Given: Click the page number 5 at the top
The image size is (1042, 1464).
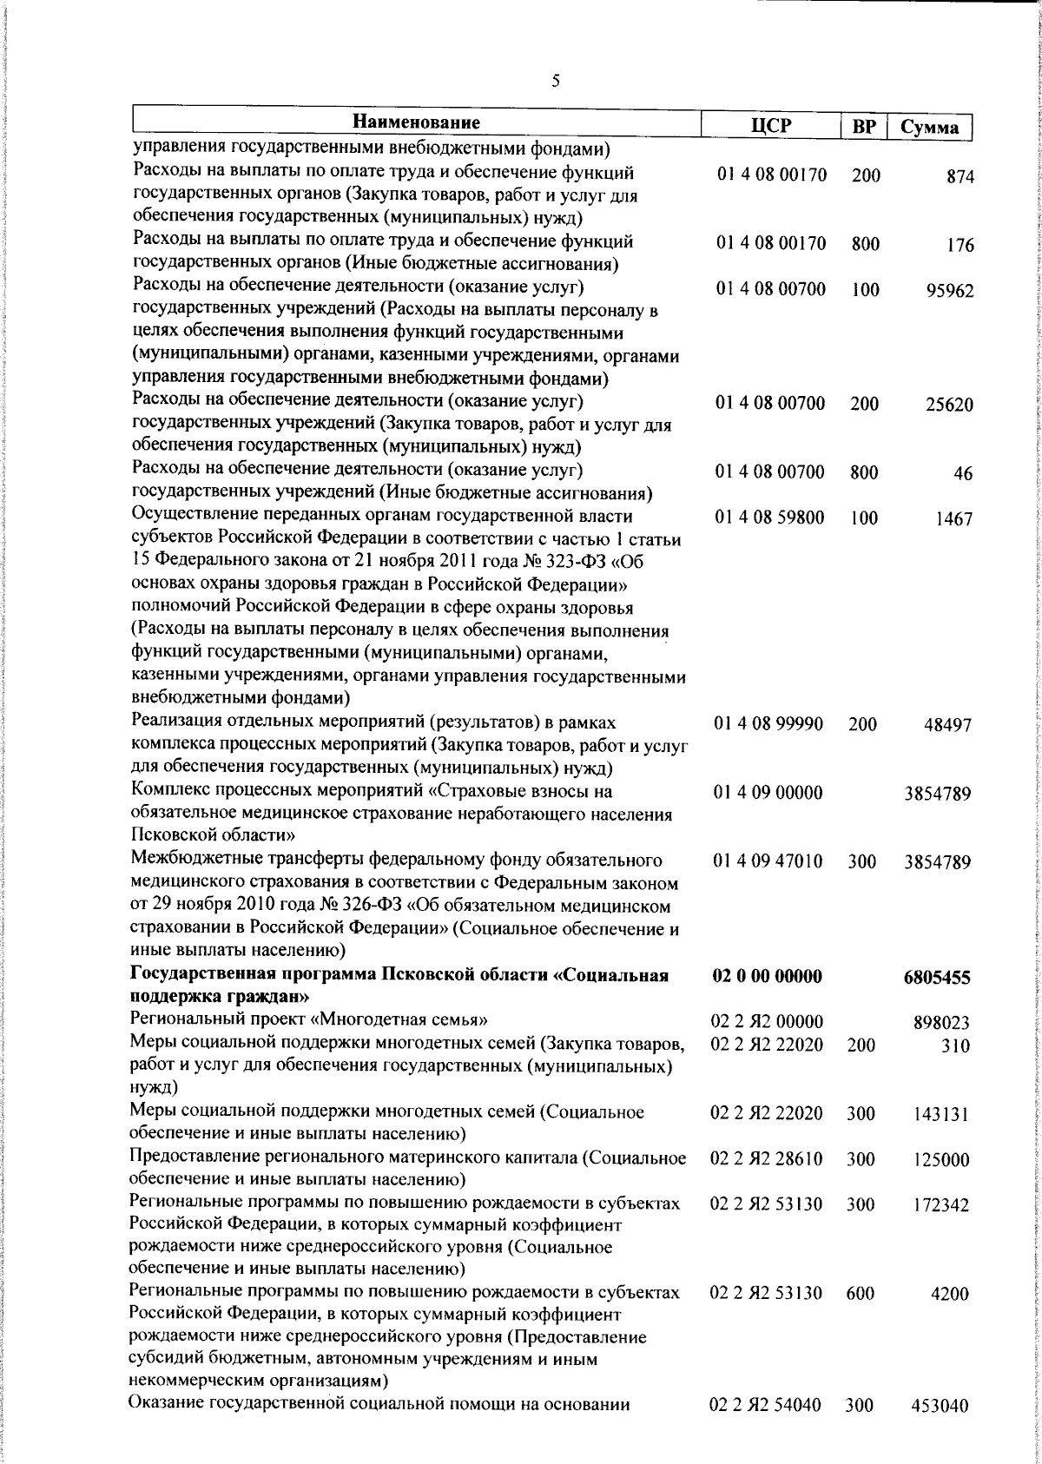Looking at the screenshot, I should coord(556,82).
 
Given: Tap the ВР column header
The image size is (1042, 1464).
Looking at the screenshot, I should coord(863,127).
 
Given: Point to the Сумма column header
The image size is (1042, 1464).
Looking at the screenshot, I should coord(929,128).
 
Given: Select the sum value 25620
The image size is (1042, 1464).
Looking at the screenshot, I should coord(948,406).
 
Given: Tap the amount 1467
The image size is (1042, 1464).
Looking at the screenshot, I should coord(953,520).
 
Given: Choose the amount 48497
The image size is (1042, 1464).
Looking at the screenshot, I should coord(946,725).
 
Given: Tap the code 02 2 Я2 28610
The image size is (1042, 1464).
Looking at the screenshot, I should coord(767,1158).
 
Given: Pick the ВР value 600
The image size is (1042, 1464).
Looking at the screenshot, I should coord(861,1317).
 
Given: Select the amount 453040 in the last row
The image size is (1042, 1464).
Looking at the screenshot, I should coord(940,1430).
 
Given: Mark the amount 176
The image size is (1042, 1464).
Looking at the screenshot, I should coord(960,246).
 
